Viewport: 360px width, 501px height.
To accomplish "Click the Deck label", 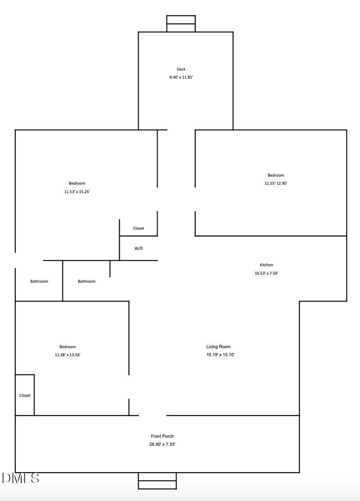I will tap(181, 69).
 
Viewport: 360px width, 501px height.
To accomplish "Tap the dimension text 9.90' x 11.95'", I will tap(181, 77).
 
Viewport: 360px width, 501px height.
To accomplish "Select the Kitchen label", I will tap(266, 265).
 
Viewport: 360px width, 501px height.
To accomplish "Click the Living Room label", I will tap(218, 347).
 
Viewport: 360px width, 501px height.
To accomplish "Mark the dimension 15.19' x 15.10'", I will tap(220, 355).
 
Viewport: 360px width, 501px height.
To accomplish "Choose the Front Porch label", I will tap(162, 436).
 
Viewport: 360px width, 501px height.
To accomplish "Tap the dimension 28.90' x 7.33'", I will tap(162, 444).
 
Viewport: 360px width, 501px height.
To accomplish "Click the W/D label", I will tap(139, 248).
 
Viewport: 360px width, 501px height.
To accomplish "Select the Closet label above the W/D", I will tap(139, 228).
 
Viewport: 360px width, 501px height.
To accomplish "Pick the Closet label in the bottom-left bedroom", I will tap(25, 395).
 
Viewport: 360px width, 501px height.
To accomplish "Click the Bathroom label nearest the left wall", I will tap(39, 281).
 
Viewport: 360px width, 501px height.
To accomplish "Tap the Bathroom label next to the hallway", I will tap(86, 281).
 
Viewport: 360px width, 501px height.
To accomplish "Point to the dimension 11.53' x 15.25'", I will tap(77, 192).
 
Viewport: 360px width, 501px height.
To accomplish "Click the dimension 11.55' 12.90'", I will tap(276, 183).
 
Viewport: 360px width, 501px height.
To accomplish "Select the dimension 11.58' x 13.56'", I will tap(67, 355).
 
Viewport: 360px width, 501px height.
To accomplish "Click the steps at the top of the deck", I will tap(181, 23).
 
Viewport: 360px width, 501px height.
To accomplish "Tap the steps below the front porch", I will tap(157, 481).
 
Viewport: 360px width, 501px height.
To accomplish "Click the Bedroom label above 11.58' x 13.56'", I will tap(67, 347).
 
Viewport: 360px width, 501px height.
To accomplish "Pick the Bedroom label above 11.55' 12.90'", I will tap(276, 175).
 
